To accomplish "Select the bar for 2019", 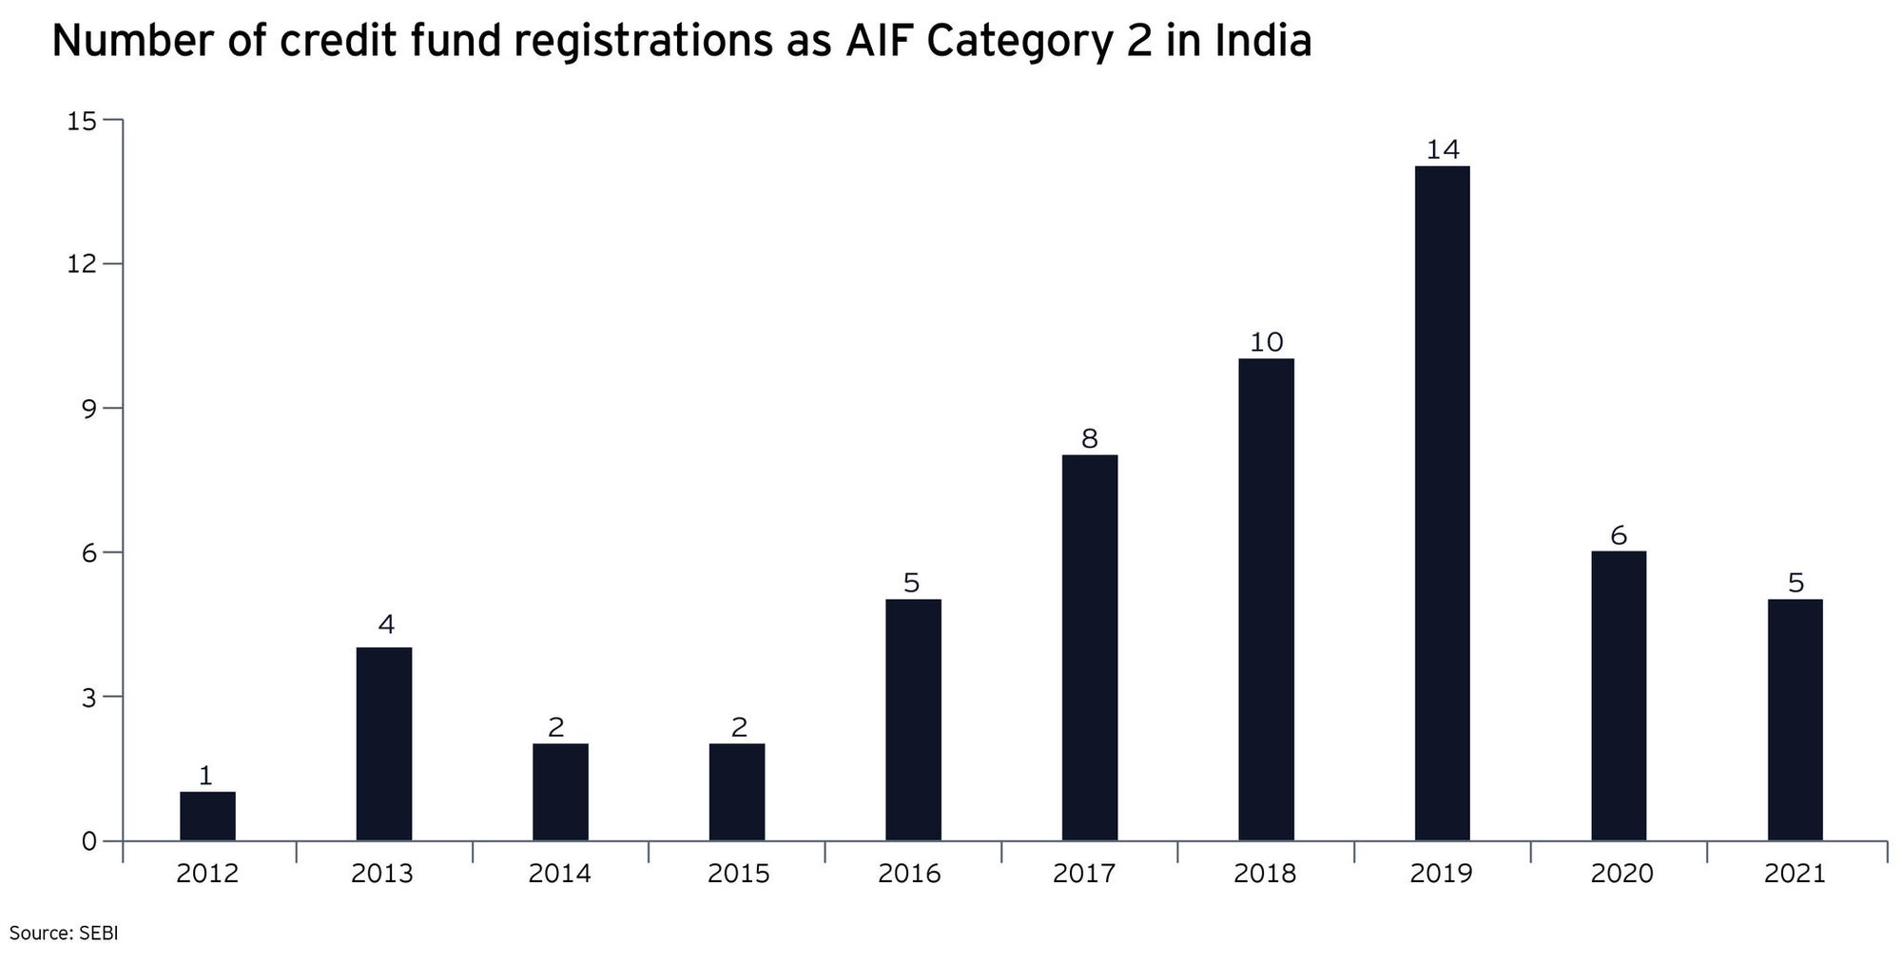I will tap(1442, 504).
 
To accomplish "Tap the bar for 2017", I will tap(1090, 647).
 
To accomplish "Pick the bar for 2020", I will tap(1619, 696).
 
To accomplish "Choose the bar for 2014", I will tap(560, 792).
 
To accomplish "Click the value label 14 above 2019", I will tap(1442, 149).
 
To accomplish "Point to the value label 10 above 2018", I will tap(1266, 342).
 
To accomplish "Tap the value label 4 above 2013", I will tap(385, 625).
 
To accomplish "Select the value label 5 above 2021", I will tap(1795, 583).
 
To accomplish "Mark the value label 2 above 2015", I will tap(738, 727).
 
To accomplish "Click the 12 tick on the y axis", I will tap(82, 263).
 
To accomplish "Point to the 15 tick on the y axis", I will tap(82, 121).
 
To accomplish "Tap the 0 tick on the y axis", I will tap(88, 841).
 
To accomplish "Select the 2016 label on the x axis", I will tap(909, 874).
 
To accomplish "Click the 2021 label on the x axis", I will tap(1795, 874).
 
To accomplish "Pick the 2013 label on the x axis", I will tap(382, 874).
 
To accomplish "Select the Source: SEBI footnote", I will tap(63, 934).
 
